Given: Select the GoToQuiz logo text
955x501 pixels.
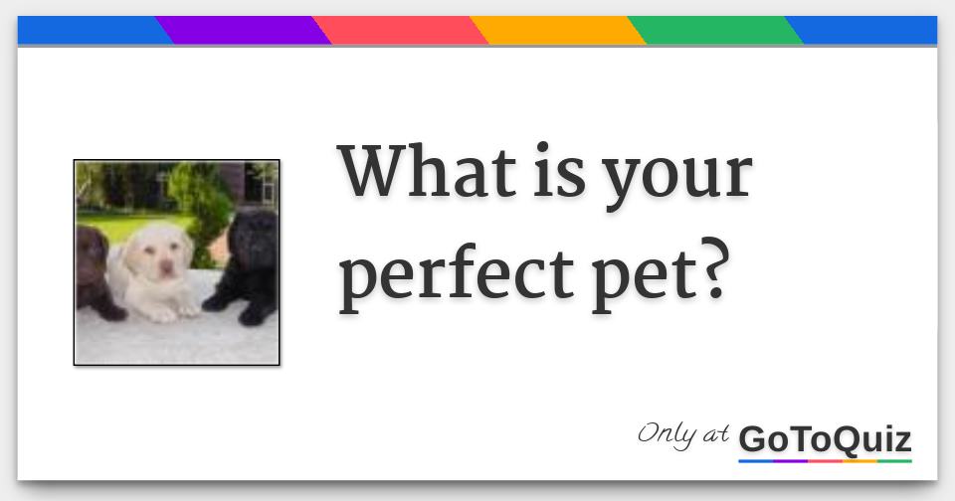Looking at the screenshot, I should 825,438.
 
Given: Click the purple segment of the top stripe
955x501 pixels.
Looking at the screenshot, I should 243,31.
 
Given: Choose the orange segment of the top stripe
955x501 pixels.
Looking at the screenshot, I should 557,31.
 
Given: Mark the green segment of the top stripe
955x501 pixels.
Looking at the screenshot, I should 714,31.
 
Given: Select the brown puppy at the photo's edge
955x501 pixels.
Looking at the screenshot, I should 93,268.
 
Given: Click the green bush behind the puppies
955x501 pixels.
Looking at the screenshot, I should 199,199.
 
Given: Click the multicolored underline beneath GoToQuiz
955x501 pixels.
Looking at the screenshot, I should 825,461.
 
